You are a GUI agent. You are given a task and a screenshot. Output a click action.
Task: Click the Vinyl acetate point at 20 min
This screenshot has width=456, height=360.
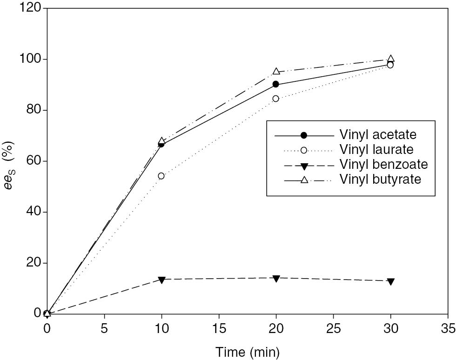(x=276, y=84)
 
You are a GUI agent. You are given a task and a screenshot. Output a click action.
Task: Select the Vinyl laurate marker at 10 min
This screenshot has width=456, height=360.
(x=161, y=176)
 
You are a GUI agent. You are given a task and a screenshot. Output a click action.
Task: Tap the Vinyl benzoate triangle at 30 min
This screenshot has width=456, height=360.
(x=391, y=281)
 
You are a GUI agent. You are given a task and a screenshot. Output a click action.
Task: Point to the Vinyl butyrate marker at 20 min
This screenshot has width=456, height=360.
(x=276, y=71)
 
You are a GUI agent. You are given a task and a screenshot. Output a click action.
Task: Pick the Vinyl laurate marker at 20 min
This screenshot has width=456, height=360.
(x=276, y=99)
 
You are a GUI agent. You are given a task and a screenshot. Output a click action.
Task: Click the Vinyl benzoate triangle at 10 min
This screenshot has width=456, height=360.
(x=161, y=280)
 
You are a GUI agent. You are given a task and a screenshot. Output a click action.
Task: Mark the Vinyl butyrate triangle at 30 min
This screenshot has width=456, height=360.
(x=391, y=59)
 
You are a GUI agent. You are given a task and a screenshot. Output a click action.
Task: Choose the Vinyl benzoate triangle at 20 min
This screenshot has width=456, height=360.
(x=276, y=278)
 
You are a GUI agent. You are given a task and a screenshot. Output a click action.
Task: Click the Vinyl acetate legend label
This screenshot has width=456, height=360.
(x=378, y=135)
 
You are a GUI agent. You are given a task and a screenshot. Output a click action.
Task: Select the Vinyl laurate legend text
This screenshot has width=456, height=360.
(x=377, y=149)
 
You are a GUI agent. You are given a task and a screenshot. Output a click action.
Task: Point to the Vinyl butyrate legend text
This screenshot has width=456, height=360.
(x=380, y=179)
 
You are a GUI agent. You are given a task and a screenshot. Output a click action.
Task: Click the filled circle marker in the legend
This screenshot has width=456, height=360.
(x=304, y=135)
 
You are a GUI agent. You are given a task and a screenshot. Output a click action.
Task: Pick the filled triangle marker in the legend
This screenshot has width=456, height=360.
(x=304, y=165)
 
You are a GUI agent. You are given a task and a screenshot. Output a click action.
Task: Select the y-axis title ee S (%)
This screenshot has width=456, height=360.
(x=10, y=160)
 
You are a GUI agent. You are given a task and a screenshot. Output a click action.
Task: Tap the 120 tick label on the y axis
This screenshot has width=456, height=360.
(x=30, y=9)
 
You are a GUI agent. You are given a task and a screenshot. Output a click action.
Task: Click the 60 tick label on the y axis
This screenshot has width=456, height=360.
(x=33, y=161)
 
